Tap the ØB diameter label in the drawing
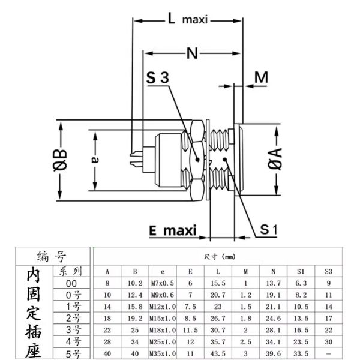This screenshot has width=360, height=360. click(60, 160)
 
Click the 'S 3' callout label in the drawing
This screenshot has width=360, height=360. click(158, 79)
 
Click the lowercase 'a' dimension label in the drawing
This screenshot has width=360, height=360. click(95, 160)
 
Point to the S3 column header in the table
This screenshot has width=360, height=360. click(328, 271)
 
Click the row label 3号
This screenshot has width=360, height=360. click(73, 330)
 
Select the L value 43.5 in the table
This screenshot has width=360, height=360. click(218, 353)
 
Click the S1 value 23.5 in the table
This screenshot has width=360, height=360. click(301, 342)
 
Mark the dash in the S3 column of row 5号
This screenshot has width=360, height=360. click(328, 353)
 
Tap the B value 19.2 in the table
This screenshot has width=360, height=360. click(135, 318)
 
